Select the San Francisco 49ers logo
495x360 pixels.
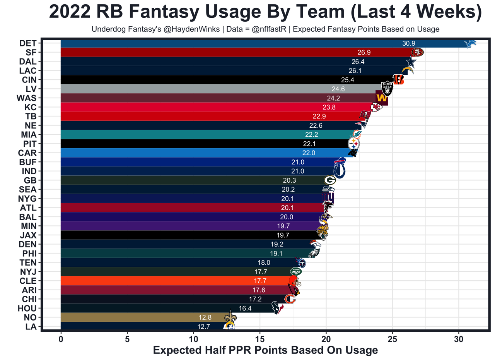tap(417, 52)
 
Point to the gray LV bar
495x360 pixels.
tap(217, 89)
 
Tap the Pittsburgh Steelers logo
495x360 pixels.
tap(354, 144)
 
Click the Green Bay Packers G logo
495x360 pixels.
tap(330, 180)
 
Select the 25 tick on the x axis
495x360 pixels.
tap(393, 339)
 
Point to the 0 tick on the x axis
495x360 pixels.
tap(61, 339)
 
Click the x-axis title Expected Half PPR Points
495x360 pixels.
tap(265, 350)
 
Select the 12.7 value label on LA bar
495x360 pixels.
tap(204, 326)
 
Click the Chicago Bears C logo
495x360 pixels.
tap(290, 299)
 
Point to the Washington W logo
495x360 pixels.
tap(381, 98)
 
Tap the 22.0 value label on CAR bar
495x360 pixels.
tap(309, 153)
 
